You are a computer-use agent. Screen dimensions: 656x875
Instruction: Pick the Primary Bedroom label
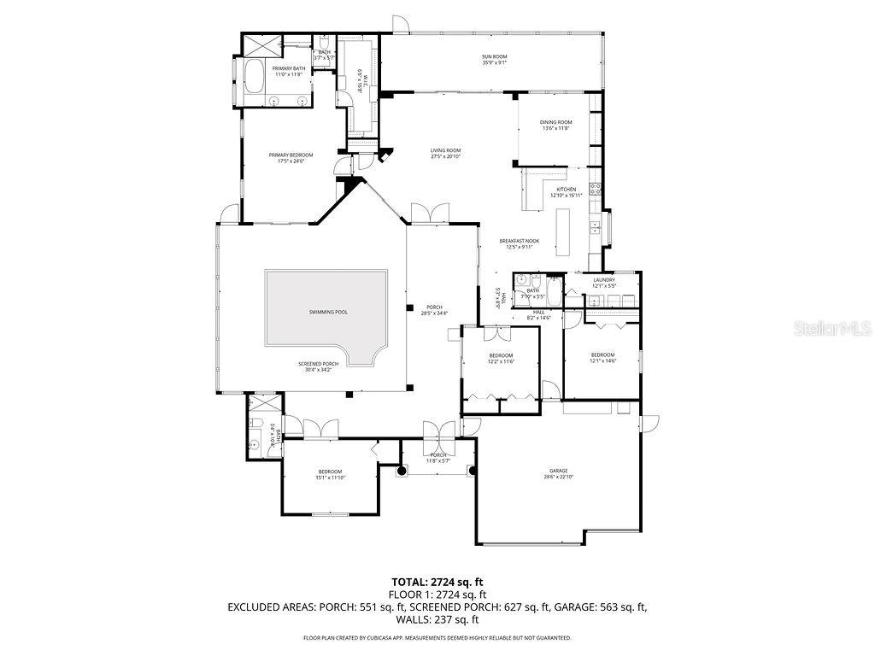coord(291,157)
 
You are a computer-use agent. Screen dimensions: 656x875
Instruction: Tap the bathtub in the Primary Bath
coord(253,79)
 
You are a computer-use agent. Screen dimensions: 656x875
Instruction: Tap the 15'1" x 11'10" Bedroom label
coord(330,474)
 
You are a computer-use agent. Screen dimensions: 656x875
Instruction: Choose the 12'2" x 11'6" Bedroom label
coord(501,358)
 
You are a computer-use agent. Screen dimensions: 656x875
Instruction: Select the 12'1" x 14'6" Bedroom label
coord(602,357)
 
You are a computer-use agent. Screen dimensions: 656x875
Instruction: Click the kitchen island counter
coord(563,232)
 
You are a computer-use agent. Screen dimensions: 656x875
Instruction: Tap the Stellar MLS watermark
coord(831,328)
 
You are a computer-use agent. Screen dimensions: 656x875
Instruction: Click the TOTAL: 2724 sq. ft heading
coord(437,582)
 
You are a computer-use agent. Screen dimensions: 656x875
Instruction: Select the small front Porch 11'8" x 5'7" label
coord(438,458)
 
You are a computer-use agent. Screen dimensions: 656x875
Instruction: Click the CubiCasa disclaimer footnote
coord(437,638)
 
